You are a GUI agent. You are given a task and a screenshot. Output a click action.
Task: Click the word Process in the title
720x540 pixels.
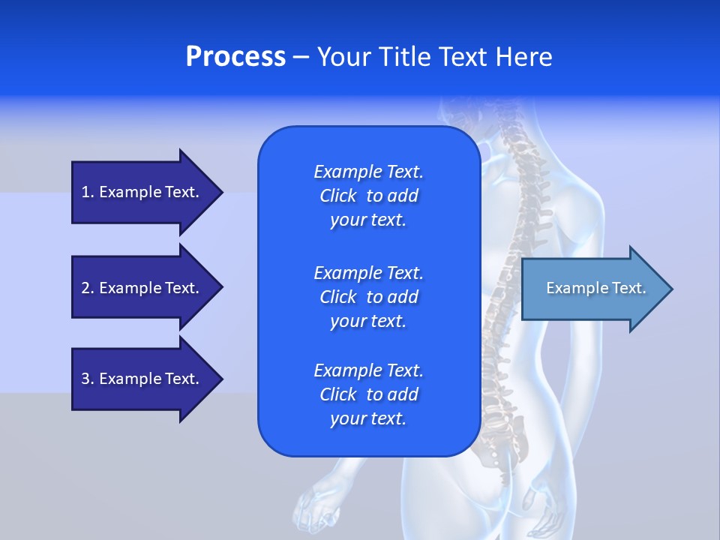(235, 57)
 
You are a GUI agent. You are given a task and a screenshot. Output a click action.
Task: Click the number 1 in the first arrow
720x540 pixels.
(85, 192)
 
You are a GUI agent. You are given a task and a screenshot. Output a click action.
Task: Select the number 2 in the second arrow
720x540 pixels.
(85, 288)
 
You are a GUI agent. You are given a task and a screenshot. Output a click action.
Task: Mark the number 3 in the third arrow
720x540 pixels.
(85, 379)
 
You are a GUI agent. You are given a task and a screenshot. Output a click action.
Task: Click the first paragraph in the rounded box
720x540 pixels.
(368, 196)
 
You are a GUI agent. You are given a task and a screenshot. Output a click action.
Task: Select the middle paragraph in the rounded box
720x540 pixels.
(368, 296)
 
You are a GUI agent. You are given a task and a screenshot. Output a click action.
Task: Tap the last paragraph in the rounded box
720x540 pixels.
(368, 394)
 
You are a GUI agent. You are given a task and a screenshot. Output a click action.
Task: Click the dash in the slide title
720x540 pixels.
(301, 57)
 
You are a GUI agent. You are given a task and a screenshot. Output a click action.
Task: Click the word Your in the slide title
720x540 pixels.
(344, 57)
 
